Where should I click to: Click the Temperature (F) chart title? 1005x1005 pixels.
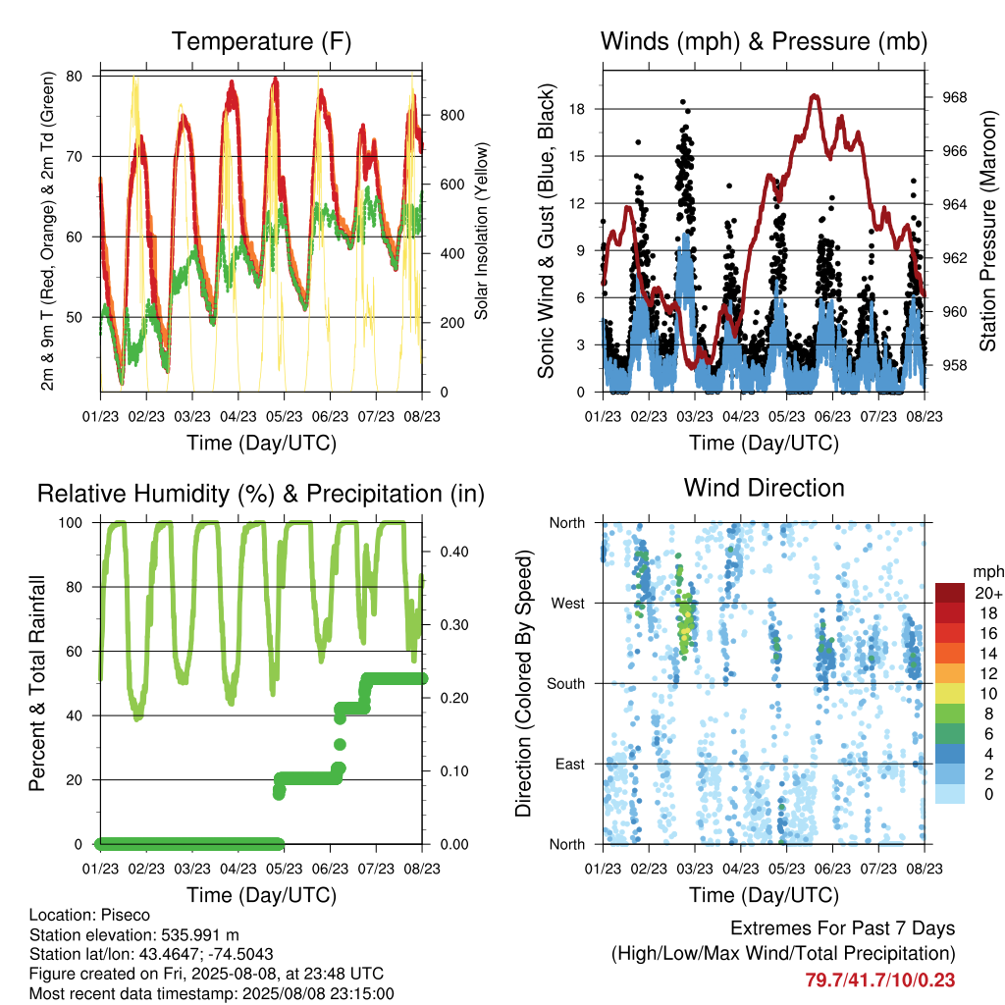[x=261, y=41]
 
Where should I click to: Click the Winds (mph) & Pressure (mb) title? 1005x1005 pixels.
[x=764, y=41]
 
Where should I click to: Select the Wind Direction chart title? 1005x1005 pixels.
[x=764, y=488]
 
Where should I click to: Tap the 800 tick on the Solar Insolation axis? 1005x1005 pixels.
[x=451, y=116]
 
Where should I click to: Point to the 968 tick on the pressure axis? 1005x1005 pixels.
[x=954, y=97]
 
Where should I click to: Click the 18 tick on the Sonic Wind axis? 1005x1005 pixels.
[x=577, y=109]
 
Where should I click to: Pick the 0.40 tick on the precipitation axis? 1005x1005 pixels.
[x=454, y=552]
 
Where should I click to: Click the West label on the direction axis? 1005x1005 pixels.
[x=568, y=604]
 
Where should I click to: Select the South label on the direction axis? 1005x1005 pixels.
[x=566, y=684]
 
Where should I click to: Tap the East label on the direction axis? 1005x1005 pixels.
[x=570, y=764]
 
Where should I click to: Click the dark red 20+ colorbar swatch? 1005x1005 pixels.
[x=950, y=593]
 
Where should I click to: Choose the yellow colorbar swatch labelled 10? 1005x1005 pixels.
[x=950, y=694]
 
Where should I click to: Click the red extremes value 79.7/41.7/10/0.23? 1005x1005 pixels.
[x=880, y=980]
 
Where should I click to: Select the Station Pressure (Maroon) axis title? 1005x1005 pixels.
[x=988, y=231]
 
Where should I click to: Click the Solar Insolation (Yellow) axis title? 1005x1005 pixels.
[x=481, y=231]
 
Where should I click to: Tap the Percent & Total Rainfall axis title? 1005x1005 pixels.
[x=37, y=683]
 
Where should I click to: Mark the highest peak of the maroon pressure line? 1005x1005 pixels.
[x=814, y=95]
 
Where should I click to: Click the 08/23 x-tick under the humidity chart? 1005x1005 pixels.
[x=422, y=870]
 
